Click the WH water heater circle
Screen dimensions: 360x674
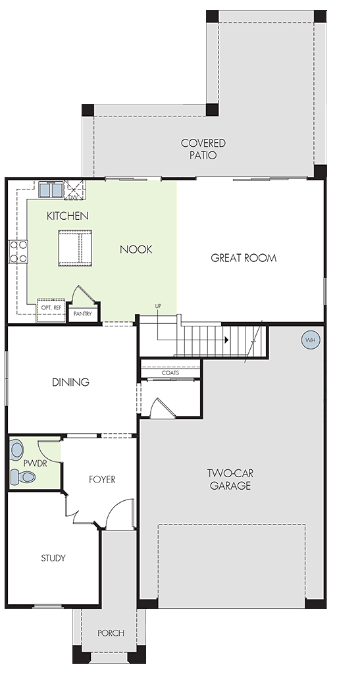(x=311, y=340)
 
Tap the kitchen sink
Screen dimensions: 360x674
(x=51, y=189)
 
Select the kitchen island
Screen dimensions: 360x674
(x=75, y=247)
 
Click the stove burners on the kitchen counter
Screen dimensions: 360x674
(x=18, y=251)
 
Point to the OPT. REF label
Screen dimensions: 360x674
(x=51, y=308)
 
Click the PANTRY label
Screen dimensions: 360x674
(x=82, y=314)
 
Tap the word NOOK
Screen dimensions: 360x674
(x=136, y=249)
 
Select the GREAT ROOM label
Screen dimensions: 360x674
(x=244, y=258)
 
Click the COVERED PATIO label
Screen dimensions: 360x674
(x=203, y=149)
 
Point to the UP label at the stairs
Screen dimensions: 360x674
(x=159, y=305)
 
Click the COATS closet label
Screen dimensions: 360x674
(x=170, y=373)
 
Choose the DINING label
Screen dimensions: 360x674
(x=71, y=382)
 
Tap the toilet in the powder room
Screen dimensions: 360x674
(x=22, y=476)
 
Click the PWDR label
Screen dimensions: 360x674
(x=36, y=463)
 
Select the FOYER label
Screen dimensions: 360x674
(x=102, y=479)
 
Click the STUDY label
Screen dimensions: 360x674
(x=53, y=558)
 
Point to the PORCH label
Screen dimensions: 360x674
(x=111, y=633)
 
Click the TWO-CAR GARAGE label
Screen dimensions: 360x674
(x=230, y=480)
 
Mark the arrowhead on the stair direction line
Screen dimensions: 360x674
(x=226, y=340)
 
